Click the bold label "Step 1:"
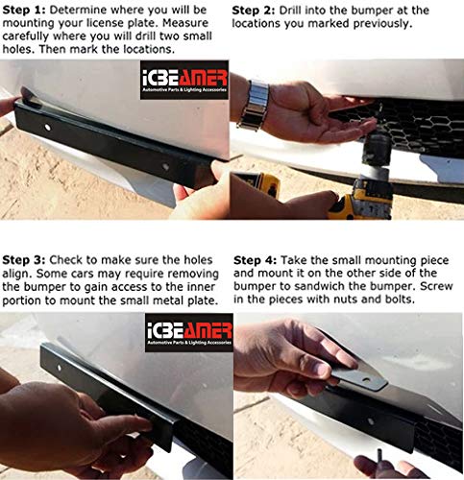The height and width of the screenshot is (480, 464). coord(25,10)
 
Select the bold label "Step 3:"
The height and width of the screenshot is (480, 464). coord(25,259)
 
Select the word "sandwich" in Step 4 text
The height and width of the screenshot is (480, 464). coord(318,287)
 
